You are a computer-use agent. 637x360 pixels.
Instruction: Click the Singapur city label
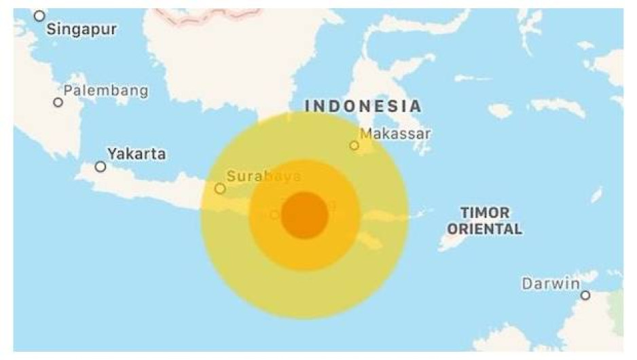[x=82, y=30]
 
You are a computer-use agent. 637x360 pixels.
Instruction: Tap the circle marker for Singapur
[x=40, y=16]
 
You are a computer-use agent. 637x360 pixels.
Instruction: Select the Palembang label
[x=105, y=91]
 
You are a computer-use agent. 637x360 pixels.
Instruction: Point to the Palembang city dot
[x=58, y=103]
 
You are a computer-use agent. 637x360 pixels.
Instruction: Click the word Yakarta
[x=136, y=154]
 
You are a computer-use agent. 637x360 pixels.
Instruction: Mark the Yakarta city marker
[x=101, y=166]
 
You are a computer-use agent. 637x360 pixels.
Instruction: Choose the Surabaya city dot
[x=220, y=189]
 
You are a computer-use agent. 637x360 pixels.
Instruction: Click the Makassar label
[x=395, y=134]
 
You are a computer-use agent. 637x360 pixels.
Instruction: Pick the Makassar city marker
[x=354, y=145]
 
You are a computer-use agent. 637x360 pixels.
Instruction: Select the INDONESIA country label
[x=363, y=107]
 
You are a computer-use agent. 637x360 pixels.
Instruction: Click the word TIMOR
[x=484, y=213]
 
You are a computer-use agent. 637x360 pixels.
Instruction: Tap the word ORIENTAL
[x=484, y=229]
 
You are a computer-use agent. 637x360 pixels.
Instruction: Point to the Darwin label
[x=551, y=284]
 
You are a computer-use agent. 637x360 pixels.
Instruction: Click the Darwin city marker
[x=585, y=295]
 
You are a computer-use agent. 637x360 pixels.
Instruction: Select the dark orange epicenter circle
[x=305, y=215]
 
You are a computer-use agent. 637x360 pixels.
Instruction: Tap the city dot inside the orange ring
[x=274, y=215]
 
